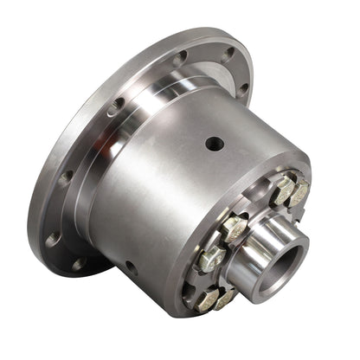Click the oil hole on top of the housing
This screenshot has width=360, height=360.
click(x=214, y=144)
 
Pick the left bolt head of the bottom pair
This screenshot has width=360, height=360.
click(x=204, y=300)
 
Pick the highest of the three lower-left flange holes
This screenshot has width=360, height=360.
click(x=65, y=177)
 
